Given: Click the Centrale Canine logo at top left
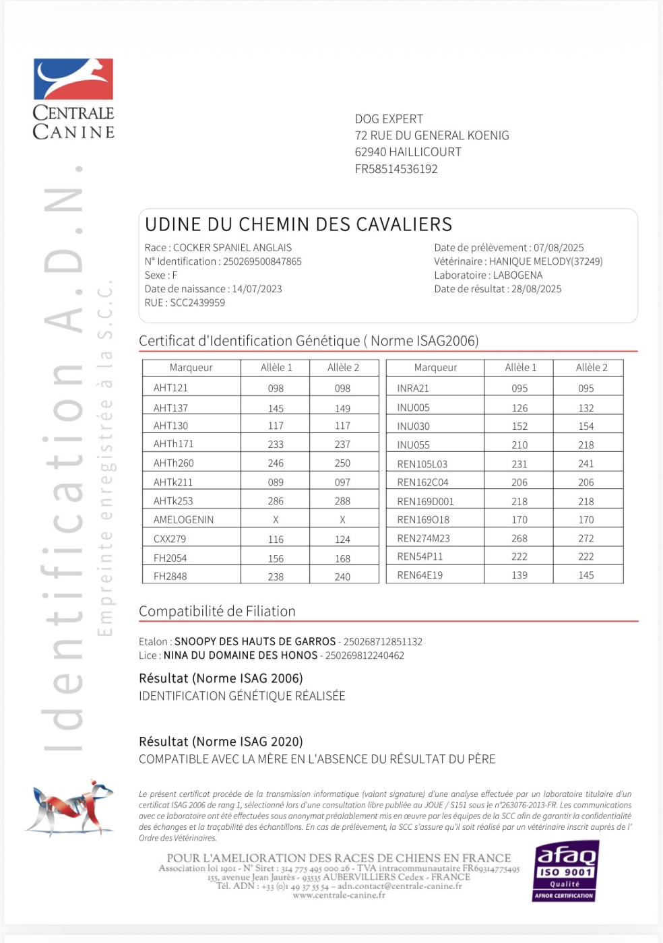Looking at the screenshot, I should [73, 98].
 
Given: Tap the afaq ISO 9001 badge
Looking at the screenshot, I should [565, 872].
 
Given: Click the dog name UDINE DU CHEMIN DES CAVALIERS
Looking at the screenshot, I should [298, 224].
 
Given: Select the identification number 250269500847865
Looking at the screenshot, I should [262, 261].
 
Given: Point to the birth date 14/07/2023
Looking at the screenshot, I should [257, 289].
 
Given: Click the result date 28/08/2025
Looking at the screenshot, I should [536, 289].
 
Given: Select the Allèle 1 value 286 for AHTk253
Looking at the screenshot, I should [276, 501].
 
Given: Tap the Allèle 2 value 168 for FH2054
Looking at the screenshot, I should [342, 558].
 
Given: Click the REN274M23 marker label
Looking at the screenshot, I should [423, 538].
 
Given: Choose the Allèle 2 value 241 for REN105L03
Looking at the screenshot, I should [586, 464].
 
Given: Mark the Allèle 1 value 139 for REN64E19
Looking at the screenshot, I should [519, 575].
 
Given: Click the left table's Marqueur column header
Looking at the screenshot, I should [191, 368].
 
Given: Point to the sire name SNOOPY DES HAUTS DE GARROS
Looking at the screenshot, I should [255, 642].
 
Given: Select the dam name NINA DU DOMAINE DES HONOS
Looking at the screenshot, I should [241, 655].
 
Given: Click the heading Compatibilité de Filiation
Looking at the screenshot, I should [217, 611].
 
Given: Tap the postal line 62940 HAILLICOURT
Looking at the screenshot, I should [408, 152].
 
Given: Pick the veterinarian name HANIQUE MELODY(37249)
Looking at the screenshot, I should [546, 261].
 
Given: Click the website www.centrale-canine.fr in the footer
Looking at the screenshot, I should [339, 895].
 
